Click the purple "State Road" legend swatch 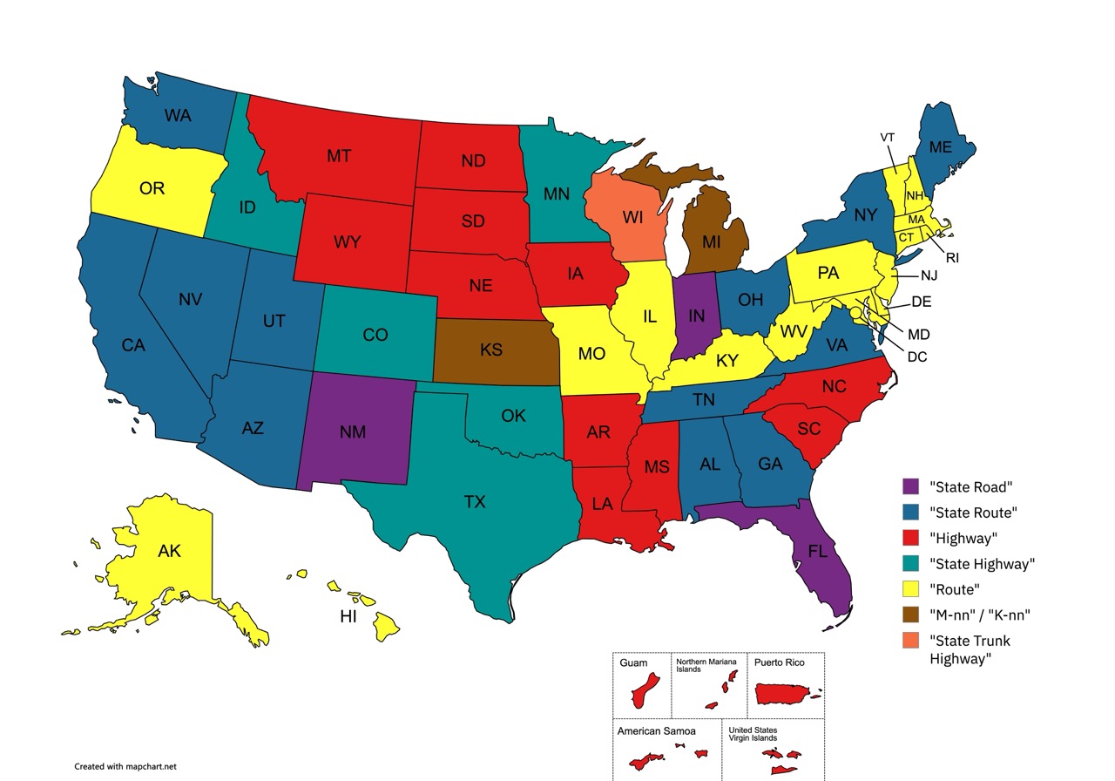click(910, 486)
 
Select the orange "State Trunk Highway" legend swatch click(910, 641)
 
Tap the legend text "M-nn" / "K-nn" click(980, 615)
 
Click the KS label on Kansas click(490, 350)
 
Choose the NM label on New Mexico click(353, 431)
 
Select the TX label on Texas click(474, 502)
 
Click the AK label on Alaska click(169, 551)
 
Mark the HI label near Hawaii click(348, 617)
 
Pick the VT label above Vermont click(888, 138)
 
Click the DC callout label click(917, 357)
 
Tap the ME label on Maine click(940, 147)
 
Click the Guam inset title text click(633, 663)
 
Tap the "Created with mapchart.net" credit click(125, 766)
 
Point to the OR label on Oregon click(152, 188)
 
